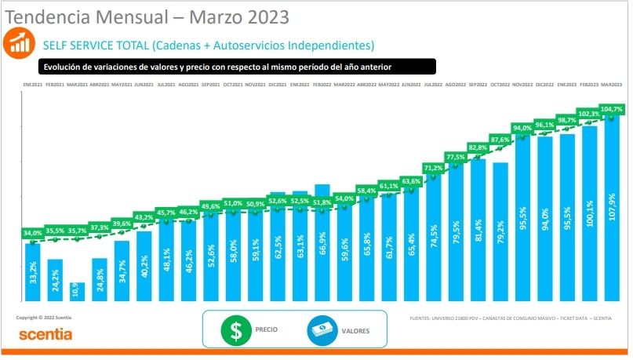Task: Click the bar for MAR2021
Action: coord(77,292)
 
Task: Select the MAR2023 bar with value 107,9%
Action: coord(612,208)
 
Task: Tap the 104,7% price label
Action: coord(612,109)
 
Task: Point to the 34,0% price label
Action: coord(33,233)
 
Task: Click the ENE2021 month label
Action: coord(32,84)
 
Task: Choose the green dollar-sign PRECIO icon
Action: coord(234,330)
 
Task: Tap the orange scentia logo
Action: coord(45,335)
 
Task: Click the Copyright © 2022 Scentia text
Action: coord(44,317)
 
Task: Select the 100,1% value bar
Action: coord(589,213)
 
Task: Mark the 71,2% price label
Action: coord(434,168)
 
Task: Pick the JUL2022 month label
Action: coord(434,84)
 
